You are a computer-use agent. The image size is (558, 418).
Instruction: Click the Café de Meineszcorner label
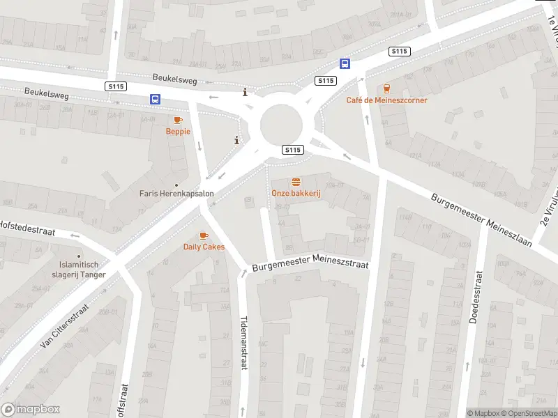(x=386, y=100)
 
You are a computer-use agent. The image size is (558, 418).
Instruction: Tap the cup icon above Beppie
(x=178, y=121)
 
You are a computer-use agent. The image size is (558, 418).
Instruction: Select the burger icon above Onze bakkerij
(x=296, y=182)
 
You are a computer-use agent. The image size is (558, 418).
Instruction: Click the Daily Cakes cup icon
(x=204, y=236)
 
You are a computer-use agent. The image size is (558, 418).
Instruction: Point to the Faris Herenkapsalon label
(x=176, y=194)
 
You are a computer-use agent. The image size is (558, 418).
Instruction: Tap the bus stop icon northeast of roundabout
(x=345, y=63)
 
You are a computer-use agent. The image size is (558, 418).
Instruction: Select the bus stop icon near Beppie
(x=154, y=100)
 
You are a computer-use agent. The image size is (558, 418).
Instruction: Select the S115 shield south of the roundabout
(x=293, y=150)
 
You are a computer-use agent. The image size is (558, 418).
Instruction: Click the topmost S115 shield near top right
(x=400, y=51)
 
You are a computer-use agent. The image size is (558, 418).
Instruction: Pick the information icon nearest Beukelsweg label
(x=244, y=92)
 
